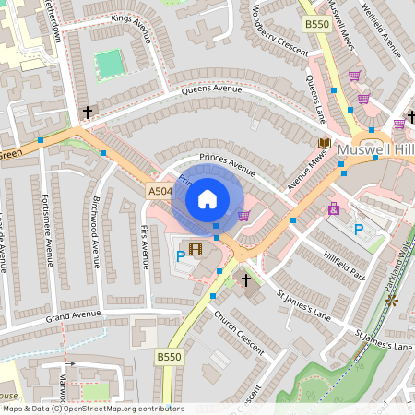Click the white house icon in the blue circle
(x=207, y=199)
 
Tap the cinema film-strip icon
(x=195, y=248)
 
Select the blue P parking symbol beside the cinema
(x=180, y=255)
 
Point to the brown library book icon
(x=324, y=143)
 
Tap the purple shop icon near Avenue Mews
(x=333, y=209)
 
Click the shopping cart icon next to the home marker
(x=243, y=216)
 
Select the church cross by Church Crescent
(x=245, y=279)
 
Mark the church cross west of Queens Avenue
(x=89, y=112)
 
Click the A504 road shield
(x=160, y=191)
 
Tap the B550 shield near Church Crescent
(x=168, y=356)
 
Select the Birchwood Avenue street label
(x=96, y=231)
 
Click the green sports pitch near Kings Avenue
(x=110, y=64)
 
